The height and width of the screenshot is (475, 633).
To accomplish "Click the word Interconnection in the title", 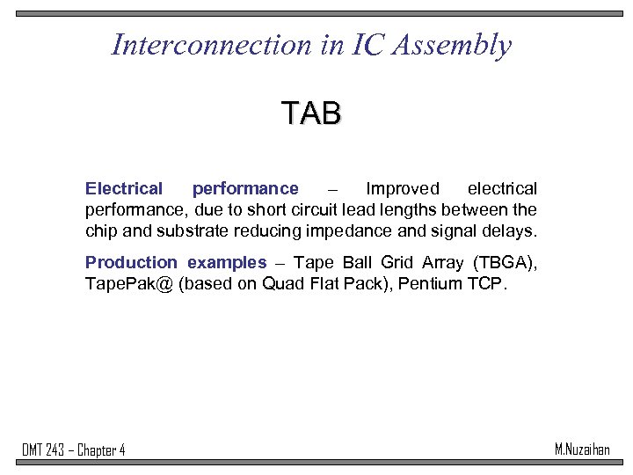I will click(210, 45).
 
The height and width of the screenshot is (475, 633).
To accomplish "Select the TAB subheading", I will click(311, 113).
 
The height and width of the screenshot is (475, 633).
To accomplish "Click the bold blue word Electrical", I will click(124, 189).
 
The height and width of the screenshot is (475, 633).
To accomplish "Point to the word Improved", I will click(403, 189).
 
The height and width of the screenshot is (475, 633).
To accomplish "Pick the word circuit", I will click(300, 210).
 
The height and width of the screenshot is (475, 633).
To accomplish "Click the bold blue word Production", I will click(131, 263).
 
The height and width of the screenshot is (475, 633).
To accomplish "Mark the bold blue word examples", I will click(227, 263).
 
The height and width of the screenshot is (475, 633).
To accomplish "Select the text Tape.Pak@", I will click(128, 284).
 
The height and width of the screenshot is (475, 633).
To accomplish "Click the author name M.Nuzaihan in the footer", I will click(582, 449).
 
